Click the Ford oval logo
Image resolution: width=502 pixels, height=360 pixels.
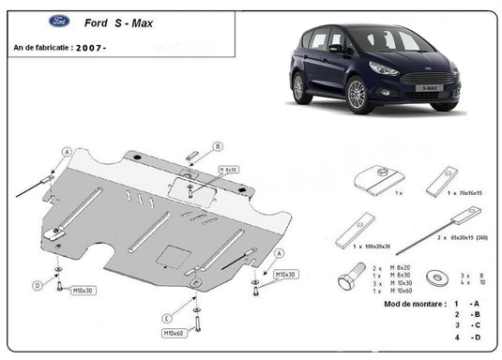click(x=28, y=22)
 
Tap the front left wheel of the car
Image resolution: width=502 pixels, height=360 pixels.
click(x=356, y=96)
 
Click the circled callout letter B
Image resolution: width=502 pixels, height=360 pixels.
click(x=218, y=146)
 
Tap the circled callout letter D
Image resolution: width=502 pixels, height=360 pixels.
click(x=38, y=285)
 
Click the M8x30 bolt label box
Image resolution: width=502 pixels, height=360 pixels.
click(x=228, y=170)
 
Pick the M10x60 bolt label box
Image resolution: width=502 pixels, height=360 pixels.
click(x=174, y=333)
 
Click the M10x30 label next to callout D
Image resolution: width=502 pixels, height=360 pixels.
click(x=84, y=291)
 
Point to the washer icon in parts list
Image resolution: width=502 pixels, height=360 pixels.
click(x=435, y=277)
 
